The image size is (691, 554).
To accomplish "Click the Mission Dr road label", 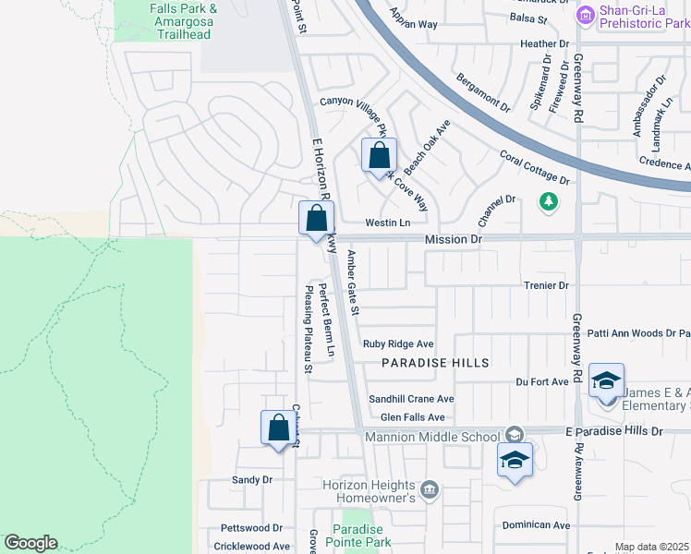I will coord(454,239).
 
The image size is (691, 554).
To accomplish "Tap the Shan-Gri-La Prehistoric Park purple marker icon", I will coord(584,15).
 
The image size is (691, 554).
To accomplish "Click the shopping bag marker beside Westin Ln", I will coord(316,219).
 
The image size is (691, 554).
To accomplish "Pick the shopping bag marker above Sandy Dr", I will coord(278,428).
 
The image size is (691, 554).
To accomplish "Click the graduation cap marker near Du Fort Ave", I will coord(606,380).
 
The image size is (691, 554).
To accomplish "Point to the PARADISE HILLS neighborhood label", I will coord(435,363).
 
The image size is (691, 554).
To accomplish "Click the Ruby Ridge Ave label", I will coord(398,343).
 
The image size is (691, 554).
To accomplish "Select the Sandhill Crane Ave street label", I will coord(412,399).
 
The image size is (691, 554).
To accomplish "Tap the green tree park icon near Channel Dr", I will coord(549,200).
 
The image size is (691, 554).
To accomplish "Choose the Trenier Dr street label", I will coord(546,286).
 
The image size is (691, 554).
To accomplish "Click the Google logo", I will coord(30,543).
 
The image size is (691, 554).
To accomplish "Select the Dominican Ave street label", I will coord(536,525).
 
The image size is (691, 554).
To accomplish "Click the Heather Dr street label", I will coord(544,43).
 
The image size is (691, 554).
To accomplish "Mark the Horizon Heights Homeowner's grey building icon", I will coord(429,488).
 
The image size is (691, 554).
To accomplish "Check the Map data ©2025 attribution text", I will coord(652,547).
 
